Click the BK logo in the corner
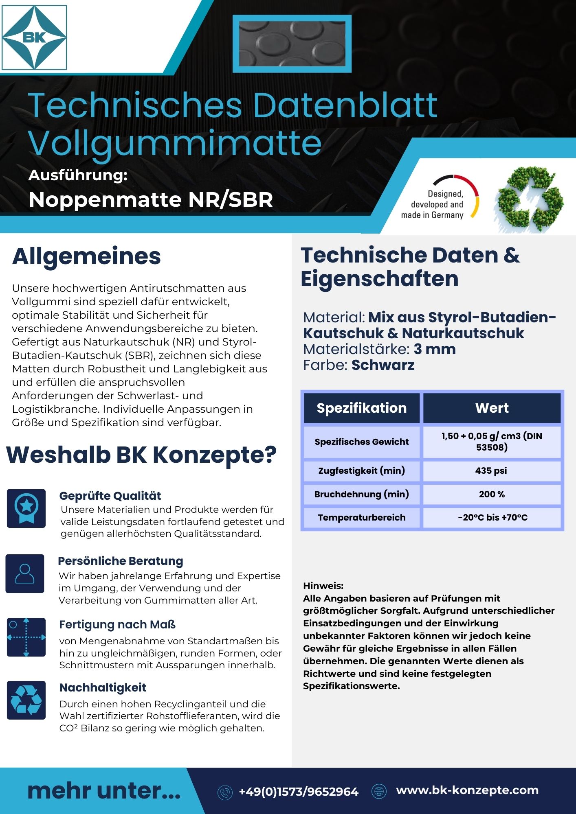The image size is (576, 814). click(x=34, y=37)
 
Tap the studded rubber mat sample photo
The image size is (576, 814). click(x=292, y=44)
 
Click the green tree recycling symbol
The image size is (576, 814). click(x=529, y=199)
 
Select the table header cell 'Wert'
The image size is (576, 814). click(x=492, y=408)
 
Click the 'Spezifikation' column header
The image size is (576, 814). click(x=362, y=408)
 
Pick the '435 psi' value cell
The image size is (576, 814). click(x=491, y=470)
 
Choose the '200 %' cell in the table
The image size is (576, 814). click(x=492, y=494)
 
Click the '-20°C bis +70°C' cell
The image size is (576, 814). click(x=492, y=517)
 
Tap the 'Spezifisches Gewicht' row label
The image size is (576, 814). click(x=362, y=442)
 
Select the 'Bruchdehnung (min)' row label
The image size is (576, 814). click(x=362, y=494)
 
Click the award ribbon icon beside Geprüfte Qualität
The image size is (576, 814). click(x=26, y=508)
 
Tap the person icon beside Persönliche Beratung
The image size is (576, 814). click(x=25, y=573)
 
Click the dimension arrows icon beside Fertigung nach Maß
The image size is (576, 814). click(x=26, y=637)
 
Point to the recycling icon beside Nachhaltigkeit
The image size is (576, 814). click(x=26, y=700)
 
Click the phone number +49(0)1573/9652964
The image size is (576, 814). click(x=298, y=792)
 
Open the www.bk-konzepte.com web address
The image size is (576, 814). click(x=467, y=790)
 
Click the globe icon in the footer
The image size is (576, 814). click(x=379, y=791)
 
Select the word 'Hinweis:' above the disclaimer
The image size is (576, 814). click(x=323, y=586)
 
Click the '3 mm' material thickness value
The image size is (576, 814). click(x=435, y=349)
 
